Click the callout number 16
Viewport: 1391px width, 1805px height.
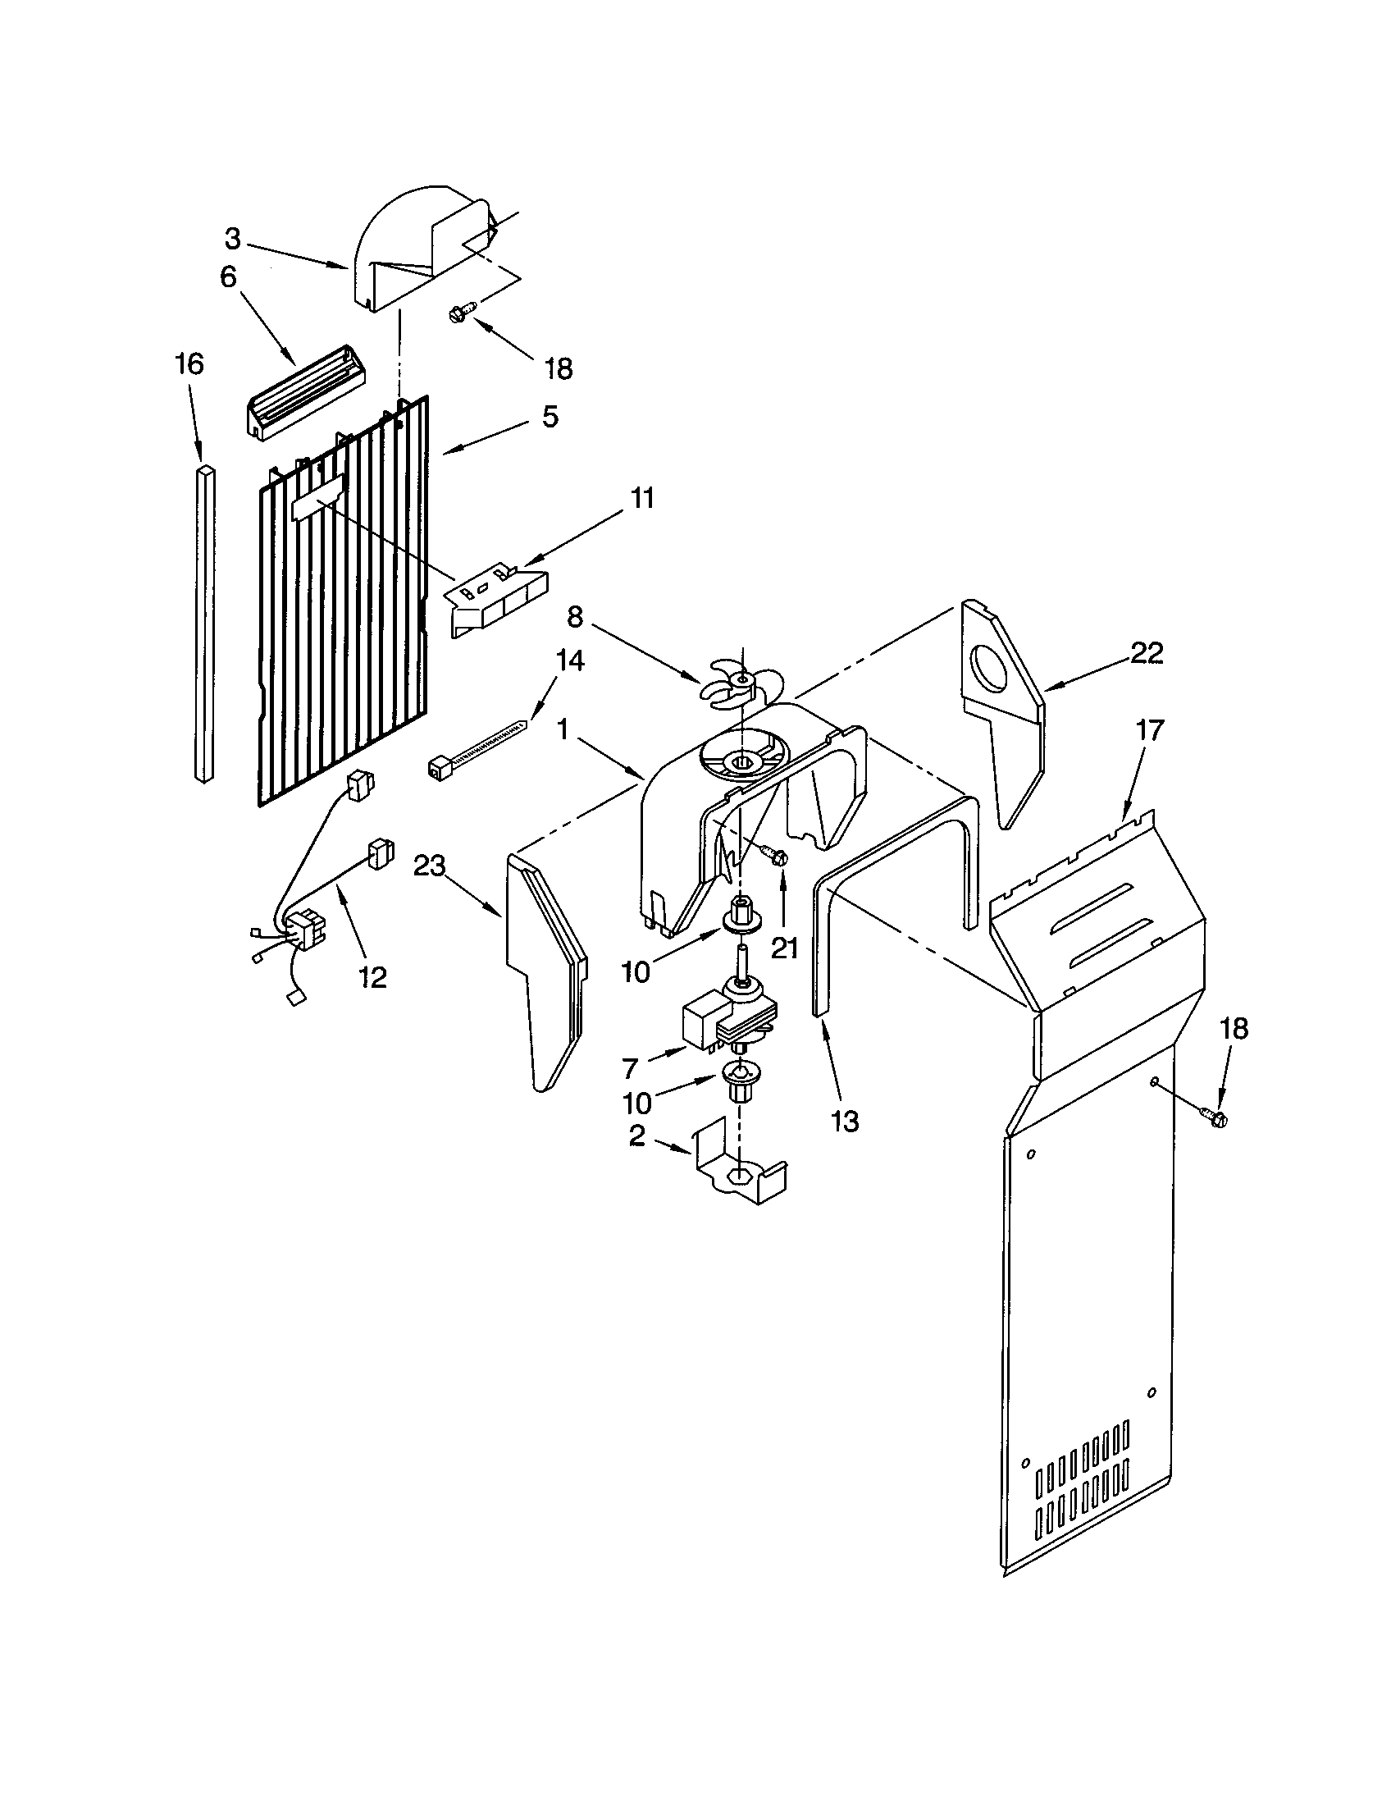(x=189, y=363)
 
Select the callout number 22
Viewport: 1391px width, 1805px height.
(x=1147, y=654)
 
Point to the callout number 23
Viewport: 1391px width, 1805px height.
(x=430, y=866)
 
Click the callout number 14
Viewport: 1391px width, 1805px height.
(x=570, y=660)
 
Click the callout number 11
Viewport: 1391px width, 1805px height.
(x=641, y=498)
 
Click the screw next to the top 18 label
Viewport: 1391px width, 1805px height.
(x=459, y=313)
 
